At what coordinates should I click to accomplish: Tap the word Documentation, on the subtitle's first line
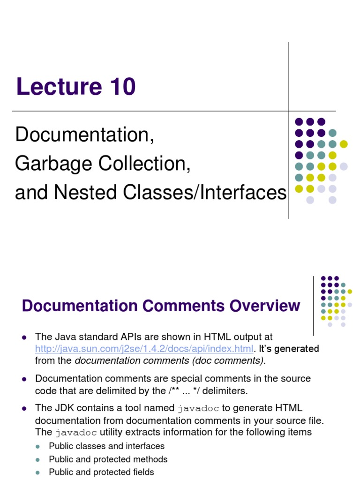pyautogui.click(x=84, y=135)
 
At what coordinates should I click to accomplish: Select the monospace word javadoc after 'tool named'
pyautogui.click(x=198, y=408)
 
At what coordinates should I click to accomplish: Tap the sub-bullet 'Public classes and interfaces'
pyautogui.click(x=106, y=446)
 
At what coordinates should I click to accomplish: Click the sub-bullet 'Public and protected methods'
pyautogui.click(x=108, y=459)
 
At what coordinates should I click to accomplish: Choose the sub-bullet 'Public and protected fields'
pyautogui.click(x=101, y=472)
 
